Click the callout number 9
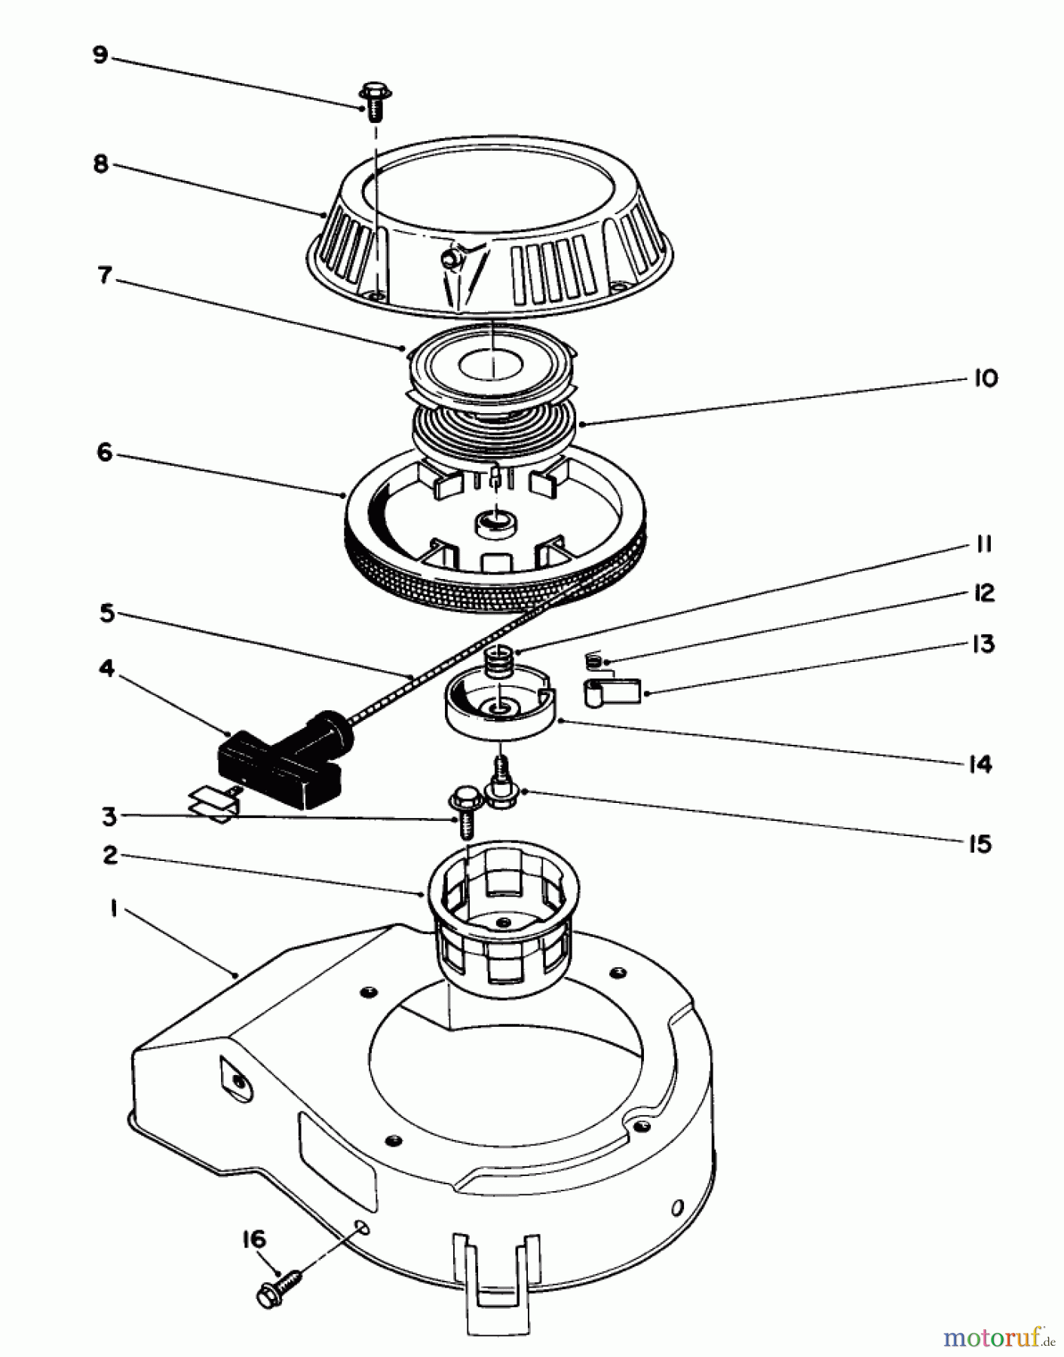pyautogui.click(x=100, y=56)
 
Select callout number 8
pyautogui.click(x=100, y=164)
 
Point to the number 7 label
pyautogui.click(x=104, y=276)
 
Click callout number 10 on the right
pyautogui.click(x=984, y=378)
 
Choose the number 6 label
pyautogui.click(x=104, y=452)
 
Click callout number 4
pyautogui.click(x=106, y=669)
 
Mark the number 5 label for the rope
pyautogui.click(x=106, y=614)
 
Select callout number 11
pyautogui.click(x=983, y=544)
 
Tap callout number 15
pyautogui.click(x=980, y=844)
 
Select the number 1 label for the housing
pyautogui.click(x=113, y=909)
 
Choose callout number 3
pyautogui.click(x=110, y=815)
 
